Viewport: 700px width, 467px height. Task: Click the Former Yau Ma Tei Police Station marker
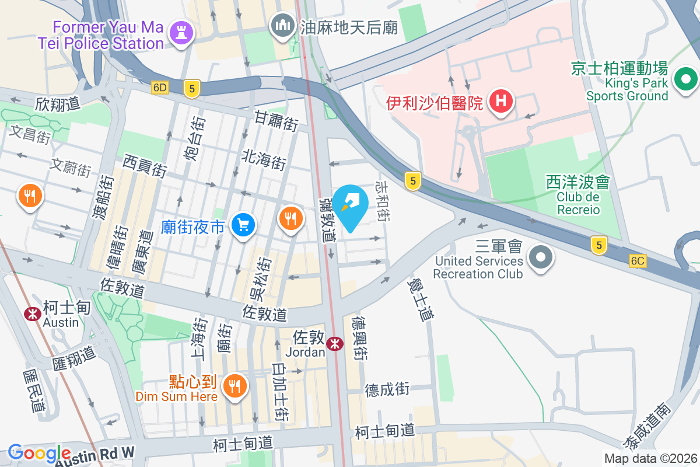(181, 32)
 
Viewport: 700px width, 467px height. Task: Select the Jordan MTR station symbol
(334, 343)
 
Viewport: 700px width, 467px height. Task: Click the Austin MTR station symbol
(32, 314)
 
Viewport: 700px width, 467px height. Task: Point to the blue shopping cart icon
(243, 225)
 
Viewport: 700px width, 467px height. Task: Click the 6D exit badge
(159, 88)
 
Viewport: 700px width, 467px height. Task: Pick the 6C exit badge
(638, 261)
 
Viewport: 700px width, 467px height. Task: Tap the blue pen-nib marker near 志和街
(351, 204)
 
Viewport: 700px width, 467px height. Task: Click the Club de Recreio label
(578, 203)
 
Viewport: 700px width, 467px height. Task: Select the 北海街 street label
(264, 158)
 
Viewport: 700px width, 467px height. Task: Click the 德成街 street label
(387, 389)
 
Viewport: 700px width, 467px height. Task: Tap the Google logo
(40, 453)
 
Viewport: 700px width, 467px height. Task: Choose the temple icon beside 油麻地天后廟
(283, 26)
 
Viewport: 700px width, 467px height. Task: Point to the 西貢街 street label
(145, 165)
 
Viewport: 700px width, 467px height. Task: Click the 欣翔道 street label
(57, 104)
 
